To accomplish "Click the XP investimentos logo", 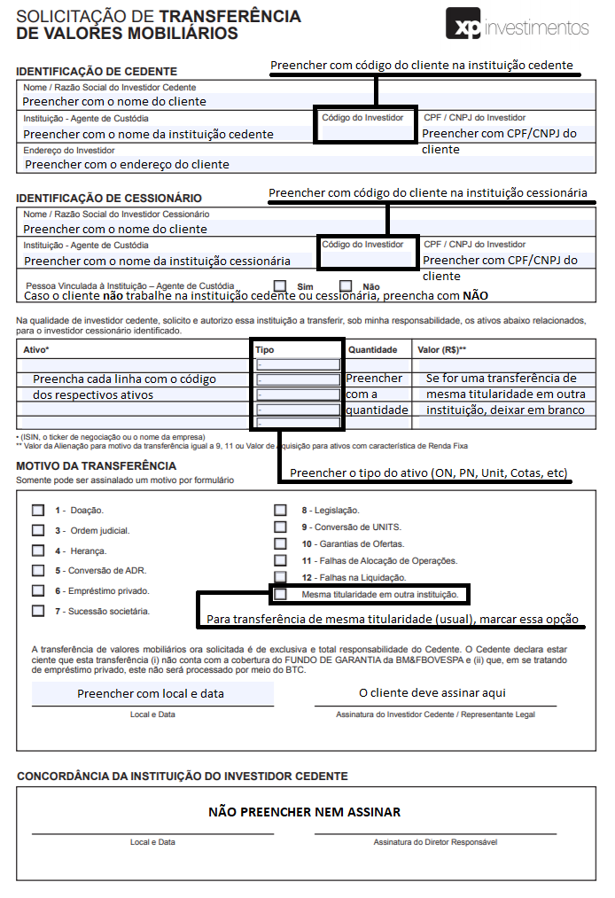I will tap(518, 27).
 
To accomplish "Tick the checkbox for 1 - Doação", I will tap(38, 511).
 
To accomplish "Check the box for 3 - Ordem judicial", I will tap(38, 530).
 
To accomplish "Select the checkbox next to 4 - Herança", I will tap(38, 551).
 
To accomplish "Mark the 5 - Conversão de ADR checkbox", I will tap(38, 571).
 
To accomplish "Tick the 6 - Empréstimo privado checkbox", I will tap(38, 590).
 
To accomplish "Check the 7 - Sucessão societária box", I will tap(38, 611).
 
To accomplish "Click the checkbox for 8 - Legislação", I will tap(280, 511).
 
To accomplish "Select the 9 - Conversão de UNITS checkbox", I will tap(280, 527).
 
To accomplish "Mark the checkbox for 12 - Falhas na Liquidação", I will tap(280, 577).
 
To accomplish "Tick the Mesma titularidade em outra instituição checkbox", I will tap(280, 594).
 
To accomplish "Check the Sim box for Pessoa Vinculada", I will tap(280, 286).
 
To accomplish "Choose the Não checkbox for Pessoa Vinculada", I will tap(346, 286).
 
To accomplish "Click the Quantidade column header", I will tap(372, 350).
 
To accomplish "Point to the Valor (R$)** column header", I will tap(442, 350).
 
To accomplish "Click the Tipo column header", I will tap(265, 350).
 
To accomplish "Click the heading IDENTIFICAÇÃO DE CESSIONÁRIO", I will tap(109, 198).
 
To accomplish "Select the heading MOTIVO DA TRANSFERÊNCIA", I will tap(96, 466).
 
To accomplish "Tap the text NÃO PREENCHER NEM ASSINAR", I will tap(304, 812).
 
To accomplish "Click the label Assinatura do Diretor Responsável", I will tap(435, 842).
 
